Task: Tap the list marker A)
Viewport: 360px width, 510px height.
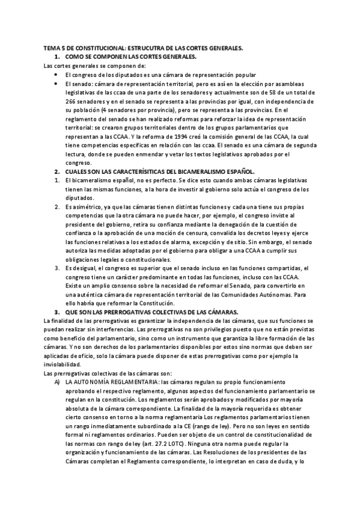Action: pyautogui.click(x=57, y=382)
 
